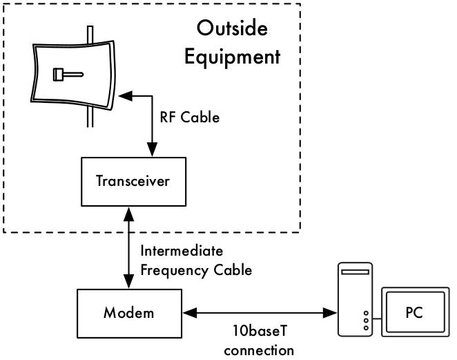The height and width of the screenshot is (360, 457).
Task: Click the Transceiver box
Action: tap(133, 182)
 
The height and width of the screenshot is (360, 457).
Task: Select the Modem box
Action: tap(129, 312)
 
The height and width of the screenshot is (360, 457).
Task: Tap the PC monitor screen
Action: tap(414, 312)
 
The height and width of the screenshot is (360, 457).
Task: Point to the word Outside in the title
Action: tap(231, 28)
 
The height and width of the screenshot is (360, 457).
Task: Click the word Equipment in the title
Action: tap(232, 56)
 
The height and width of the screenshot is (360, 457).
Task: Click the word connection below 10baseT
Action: tap(259, 350)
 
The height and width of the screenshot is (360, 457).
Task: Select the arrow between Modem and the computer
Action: tap(260, 313)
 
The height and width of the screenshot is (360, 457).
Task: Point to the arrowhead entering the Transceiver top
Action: tap(151, 149)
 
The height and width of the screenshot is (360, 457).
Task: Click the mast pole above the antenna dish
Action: tap(90, 33)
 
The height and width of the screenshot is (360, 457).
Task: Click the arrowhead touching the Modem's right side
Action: tap(188, 313)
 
